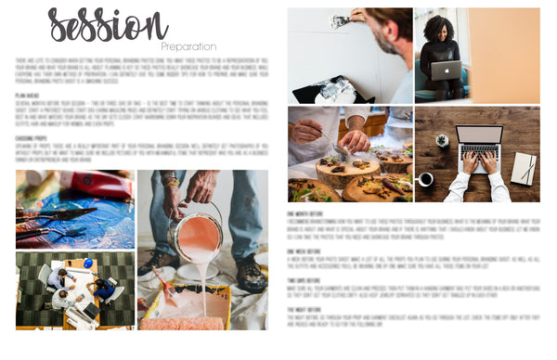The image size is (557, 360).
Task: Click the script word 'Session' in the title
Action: (x=107, y=26)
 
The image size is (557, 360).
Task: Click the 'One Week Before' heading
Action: (x=304, y=250)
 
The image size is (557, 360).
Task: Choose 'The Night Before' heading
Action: (x=304, y=309)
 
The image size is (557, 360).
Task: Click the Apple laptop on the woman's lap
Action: (x=446, y=71)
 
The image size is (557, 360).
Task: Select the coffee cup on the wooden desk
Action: (x=424, y=178)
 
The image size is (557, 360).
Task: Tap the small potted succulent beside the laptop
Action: (x=442, y=140)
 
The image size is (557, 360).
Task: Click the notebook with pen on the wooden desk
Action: (x=524, y=168)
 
